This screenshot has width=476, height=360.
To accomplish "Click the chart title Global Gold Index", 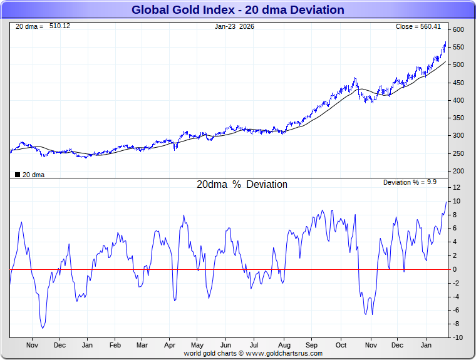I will pyautogui.click(x=237, y=10).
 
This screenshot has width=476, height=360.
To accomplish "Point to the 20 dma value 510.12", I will pyautogui.click(x=59, y=26).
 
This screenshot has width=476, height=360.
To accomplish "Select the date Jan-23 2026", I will pyautogui.click(x=234, y=26).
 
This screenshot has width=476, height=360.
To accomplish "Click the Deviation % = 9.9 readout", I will pyautogui.click(x=410, y=182).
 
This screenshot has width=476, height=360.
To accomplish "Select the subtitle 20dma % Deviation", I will pyautogui.click(x=242, y=185).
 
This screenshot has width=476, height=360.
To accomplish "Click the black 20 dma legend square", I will pyautogui.click(x=17, y=175).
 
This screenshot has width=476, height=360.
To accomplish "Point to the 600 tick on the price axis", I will pyautogui.click(x=458, y=30).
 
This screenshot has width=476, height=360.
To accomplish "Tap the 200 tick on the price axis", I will pyautogui.click(x=458, y=171).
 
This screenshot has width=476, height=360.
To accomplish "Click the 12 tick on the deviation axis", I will pyautogui.click(x=457, y=188).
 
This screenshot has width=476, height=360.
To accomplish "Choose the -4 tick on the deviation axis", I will pyautogui.click(x=457, y=297).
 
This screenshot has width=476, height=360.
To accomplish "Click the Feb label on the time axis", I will pyautogui.click(x=115, y=345).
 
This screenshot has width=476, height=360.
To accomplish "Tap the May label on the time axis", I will pyautogui.click(x=197, y=345).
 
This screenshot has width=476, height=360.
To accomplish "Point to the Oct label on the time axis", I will pyautogui.click(x=341, y=345).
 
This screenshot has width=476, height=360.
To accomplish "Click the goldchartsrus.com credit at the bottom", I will pyautogui.click(x=253, y=353).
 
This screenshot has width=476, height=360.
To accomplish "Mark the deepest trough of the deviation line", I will pyautogui.click(x=43, y=328).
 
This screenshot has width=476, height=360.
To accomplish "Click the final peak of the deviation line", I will pyautogui.click(x=446, y=202).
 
